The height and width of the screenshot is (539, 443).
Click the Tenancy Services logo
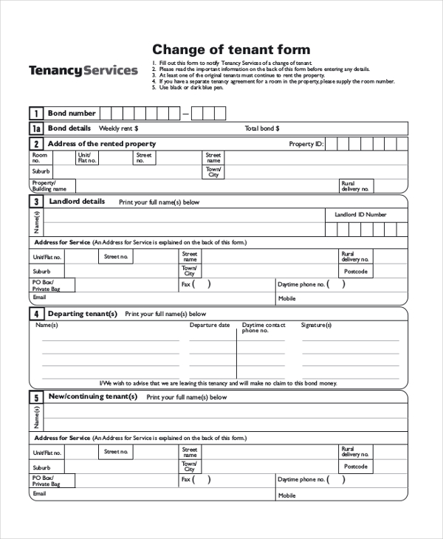click(83, 71)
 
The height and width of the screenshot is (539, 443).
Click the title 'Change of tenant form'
click(230, 49)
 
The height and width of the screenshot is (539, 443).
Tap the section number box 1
click(35, 114)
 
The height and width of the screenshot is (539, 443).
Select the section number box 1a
click(35, 128)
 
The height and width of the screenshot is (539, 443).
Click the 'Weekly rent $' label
click(113, 128)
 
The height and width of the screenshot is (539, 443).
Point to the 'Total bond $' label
click(262, 128)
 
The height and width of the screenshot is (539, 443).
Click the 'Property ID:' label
click(306, 144)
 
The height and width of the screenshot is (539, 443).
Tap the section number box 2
click(35, 144)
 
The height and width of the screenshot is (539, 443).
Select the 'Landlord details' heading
click(77, 202)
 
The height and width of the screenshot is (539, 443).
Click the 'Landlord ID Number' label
click(360, 215)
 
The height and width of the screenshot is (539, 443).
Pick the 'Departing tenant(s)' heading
click(83, 314)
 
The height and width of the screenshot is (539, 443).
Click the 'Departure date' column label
click(210, 325)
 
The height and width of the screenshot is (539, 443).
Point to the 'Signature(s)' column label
click(316, 325)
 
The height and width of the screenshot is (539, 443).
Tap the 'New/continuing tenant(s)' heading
click(92, 396)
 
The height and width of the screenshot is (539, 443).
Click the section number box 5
click(35, 397)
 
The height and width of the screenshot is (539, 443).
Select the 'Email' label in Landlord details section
click(39, 297)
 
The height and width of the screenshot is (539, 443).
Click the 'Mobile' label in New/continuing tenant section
click(286, 495)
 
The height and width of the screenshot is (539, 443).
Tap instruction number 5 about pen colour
click(190, 88)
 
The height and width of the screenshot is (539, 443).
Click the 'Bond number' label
click(72, 114)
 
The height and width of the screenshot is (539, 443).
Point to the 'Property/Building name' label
click(44, 185)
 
